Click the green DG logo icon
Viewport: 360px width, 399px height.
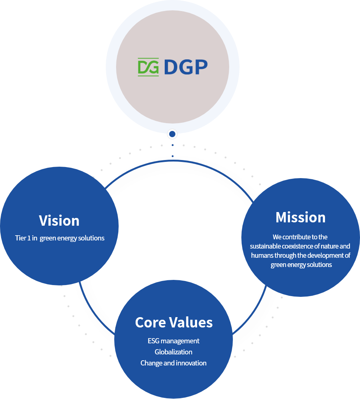coord(148,67)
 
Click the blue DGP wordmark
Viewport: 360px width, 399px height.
coord(186,67)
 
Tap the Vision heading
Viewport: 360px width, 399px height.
coord(59,221)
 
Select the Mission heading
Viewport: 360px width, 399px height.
coord(301,217)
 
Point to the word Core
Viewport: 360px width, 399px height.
coord(150,322)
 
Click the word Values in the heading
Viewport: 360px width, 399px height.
coord(191,322)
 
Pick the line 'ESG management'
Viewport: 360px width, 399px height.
coord(174,341)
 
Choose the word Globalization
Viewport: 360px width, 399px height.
coord(174,352)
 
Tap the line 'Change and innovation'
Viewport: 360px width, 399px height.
coord(174,363)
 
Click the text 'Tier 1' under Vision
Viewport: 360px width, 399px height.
coord(23,238)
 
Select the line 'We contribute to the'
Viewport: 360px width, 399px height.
coord(300,237)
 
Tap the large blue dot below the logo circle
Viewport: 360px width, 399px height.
coord(172,134)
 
